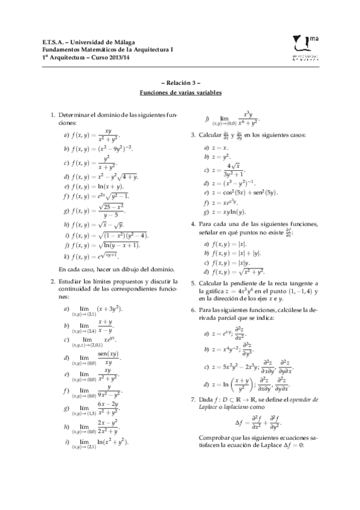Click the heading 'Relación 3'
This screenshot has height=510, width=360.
point(180,84)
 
